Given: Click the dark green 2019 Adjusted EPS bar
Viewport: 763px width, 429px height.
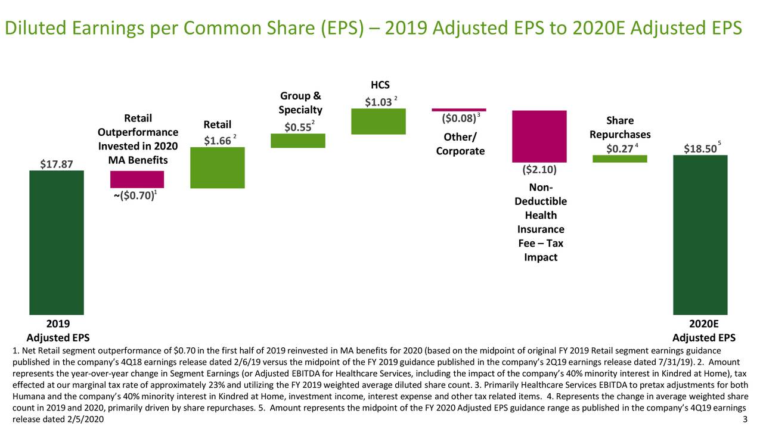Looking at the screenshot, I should [57, 243].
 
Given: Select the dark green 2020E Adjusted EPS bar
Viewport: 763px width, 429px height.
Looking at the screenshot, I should [700, 235].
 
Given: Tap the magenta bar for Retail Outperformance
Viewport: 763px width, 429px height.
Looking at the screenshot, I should [137, 179].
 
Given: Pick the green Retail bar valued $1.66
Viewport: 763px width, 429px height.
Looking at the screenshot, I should [218, 168].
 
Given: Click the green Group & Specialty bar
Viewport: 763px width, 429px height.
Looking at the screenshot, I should [298, 141].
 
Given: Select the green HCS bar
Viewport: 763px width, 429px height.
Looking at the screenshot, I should [379, 122].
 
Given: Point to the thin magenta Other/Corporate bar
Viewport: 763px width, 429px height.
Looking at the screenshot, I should [459, 110].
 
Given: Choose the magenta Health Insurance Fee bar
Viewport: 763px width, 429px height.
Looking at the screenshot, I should [539, 136].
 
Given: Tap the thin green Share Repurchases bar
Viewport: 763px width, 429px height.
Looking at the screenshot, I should [620, 158].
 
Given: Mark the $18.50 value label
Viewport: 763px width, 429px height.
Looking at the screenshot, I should [699, 149].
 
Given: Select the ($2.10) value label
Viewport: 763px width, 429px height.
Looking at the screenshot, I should [539, 170].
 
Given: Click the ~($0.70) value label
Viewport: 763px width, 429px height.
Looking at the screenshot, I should [134, 195].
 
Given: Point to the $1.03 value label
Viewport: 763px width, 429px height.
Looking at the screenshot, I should [379, 102].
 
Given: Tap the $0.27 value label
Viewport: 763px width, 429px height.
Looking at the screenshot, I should [619, 148].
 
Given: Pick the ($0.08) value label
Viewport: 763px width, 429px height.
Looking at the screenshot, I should [458, 119].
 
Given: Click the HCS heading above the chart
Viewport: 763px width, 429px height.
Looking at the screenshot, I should [380, 85].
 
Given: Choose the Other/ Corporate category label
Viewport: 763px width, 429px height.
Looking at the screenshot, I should [460, 144].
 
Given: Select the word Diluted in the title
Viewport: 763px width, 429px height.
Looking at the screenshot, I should [38, 27].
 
